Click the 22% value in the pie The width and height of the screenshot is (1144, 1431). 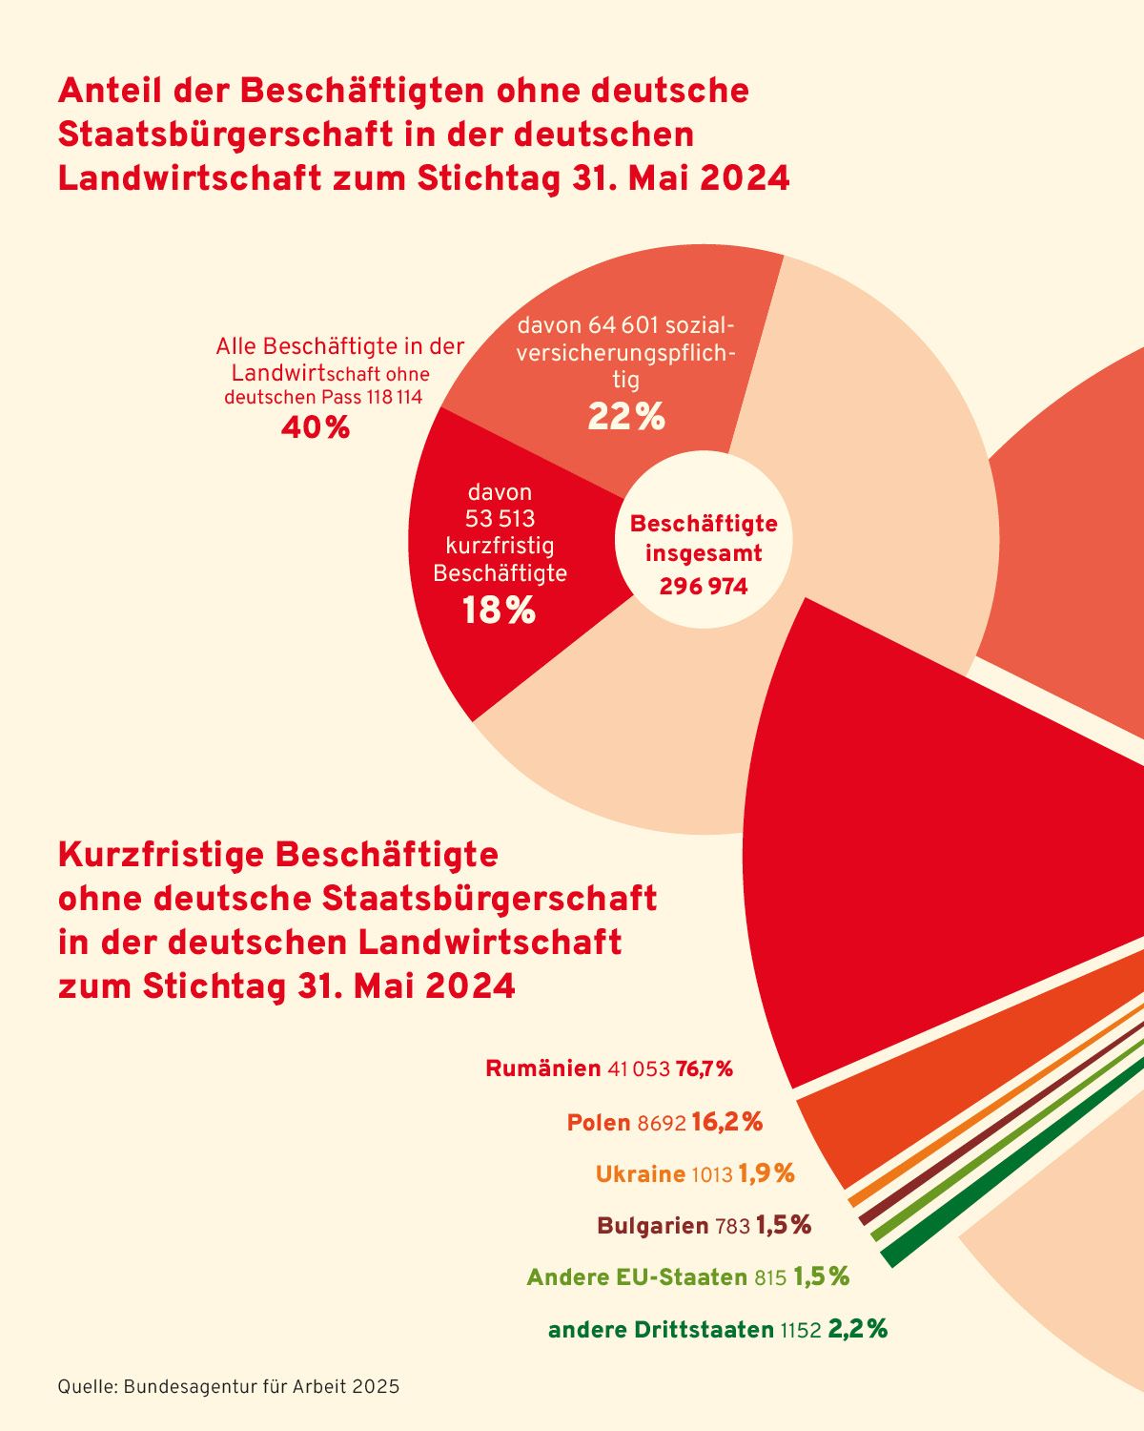pos(625,417)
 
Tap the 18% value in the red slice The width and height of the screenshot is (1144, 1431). pos(499,611)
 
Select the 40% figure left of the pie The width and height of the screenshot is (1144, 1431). pos(316,428)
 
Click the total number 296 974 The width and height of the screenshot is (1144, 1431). pos(703,586)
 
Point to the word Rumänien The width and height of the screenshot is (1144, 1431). pos(542,1068)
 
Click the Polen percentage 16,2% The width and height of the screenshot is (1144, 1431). pos(727,1122)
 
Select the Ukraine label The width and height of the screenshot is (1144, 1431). pos(640,1173)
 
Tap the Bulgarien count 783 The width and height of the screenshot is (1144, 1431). pos(732,1226)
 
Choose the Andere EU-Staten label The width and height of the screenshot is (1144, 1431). pos(636,1277)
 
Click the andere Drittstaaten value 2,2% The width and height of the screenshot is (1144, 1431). pos(858,1329)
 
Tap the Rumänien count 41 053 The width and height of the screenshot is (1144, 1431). pos(639,1069)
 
